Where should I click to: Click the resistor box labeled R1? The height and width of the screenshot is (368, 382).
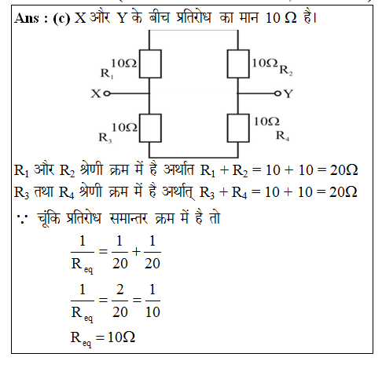point(150,64)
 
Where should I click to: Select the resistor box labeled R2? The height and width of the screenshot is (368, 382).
point(238,64)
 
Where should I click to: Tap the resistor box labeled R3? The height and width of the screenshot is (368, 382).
point(150,128)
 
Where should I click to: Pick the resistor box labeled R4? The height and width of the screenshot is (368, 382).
point(238,128)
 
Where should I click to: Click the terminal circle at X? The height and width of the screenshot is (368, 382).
point(107,93)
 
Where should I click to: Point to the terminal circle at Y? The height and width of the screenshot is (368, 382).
point(277,93)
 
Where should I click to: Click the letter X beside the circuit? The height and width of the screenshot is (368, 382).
point(96,93)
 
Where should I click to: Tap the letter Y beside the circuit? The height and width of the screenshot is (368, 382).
point(288,93)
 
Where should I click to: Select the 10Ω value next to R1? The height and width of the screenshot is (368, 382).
point(123,64)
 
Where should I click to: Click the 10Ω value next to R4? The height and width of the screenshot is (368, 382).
point(266,122)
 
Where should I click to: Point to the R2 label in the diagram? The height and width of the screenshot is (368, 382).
point(286,71)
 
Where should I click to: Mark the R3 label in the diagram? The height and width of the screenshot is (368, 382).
point(105,137)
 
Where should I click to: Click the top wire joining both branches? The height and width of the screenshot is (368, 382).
point(193,31)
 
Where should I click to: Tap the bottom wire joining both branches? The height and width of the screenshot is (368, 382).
point(193,158)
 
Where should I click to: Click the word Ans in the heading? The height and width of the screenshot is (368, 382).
point(27,18)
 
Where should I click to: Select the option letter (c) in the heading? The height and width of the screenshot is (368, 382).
point(61,18)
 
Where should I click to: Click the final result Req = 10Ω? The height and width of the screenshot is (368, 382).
point(103,338)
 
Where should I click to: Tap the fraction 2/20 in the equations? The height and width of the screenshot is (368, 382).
point(119,301)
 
